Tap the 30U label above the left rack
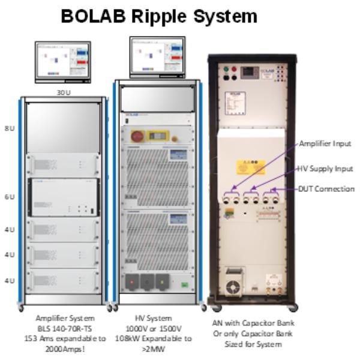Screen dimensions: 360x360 click(63, 92)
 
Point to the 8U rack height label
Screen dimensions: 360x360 click(10, 128)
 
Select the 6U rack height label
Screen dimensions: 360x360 click(10, 197)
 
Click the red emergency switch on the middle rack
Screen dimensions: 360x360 click(136, 136)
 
